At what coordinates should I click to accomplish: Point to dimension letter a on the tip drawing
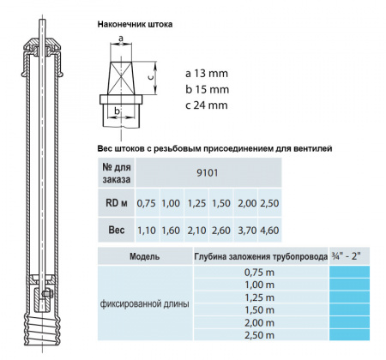point(122,39)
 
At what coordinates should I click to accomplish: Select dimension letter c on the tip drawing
point(151,75)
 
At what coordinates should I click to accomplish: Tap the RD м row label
point(115,203)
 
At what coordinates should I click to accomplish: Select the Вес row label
point(115,231)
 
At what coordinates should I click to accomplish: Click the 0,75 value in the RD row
point(147,203)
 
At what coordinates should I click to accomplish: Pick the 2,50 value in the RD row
point(269,203)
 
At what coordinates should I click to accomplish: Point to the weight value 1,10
point(147,231)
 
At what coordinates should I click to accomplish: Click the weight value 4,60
point(269,231)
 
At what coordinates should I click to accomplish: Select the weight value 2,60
point(220,231)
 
